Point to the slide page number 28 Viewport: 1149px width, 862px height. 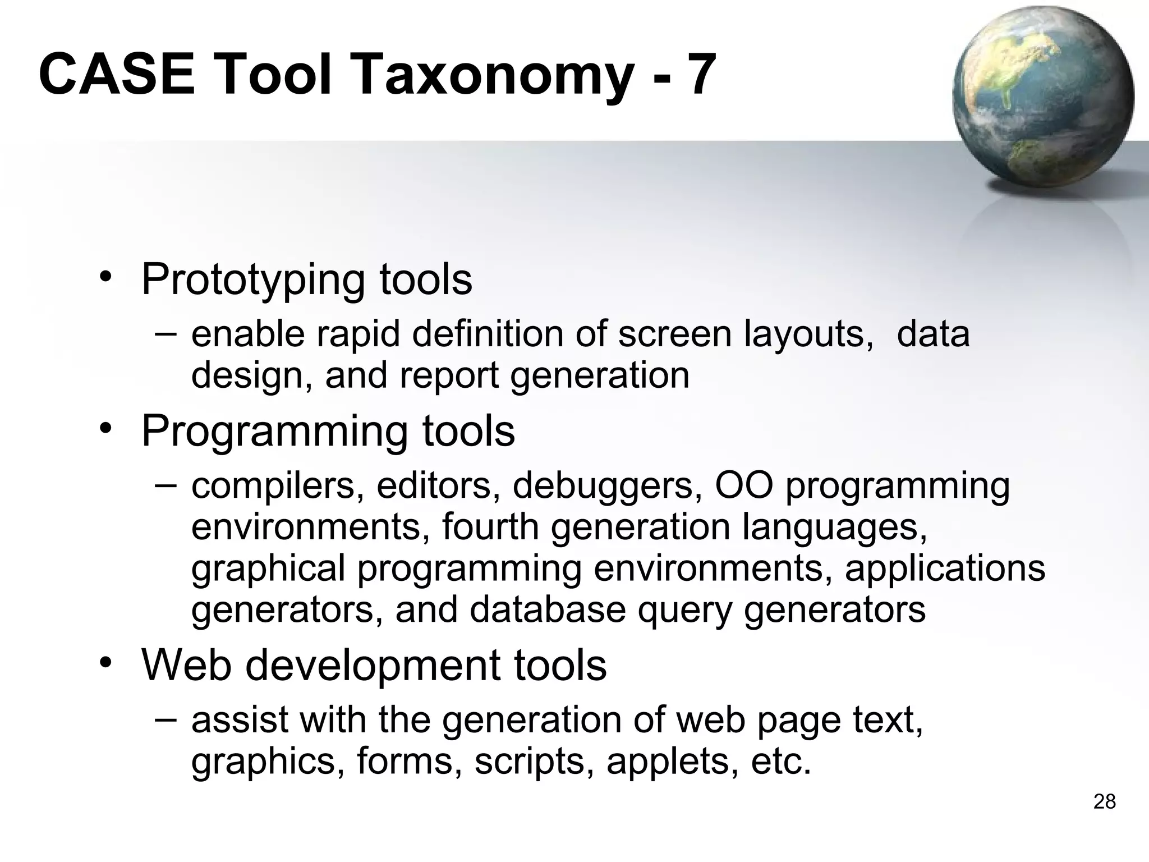[x=1104, y=802]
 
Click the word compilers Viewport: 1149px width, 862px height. [x=274, y=486]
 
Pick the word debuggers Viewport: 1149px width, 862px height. [x=603, y=486]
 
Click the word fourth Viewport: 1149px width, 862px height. [x=490, y=527]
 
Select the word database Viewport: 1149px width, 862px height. [x=548, y=609]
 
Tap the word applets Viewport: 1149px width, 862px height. [x=672, y=762]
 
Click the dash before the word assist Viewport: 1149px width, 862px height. [x=166, y=719]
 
